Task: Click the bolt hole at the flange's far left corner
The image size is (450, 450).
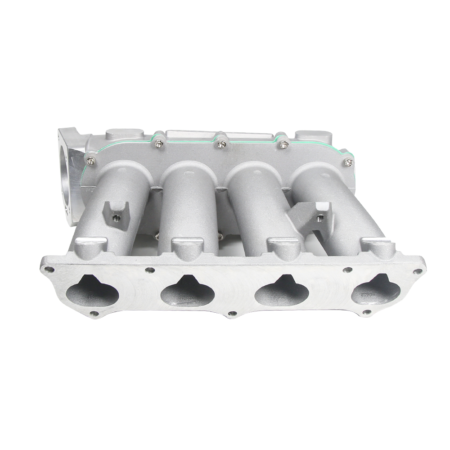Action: pos(49,270)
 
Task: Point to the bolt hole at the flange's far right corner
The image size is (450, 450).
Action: pos(418,271)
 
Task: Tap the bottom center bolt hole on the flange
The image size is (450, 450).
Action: pos(233,313)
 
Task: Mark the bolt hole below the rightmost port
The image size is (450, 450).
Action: pos(367,312)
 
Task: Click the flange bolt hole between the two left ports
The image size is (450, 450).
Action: pos(150,270)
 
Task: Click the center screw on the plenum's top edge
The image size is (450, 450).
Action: pos(221,144)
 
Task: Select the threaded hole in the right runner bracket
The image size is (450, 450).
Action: pos(320,218)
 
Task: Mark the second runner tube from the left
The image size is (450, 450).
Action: pos(190,202)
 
